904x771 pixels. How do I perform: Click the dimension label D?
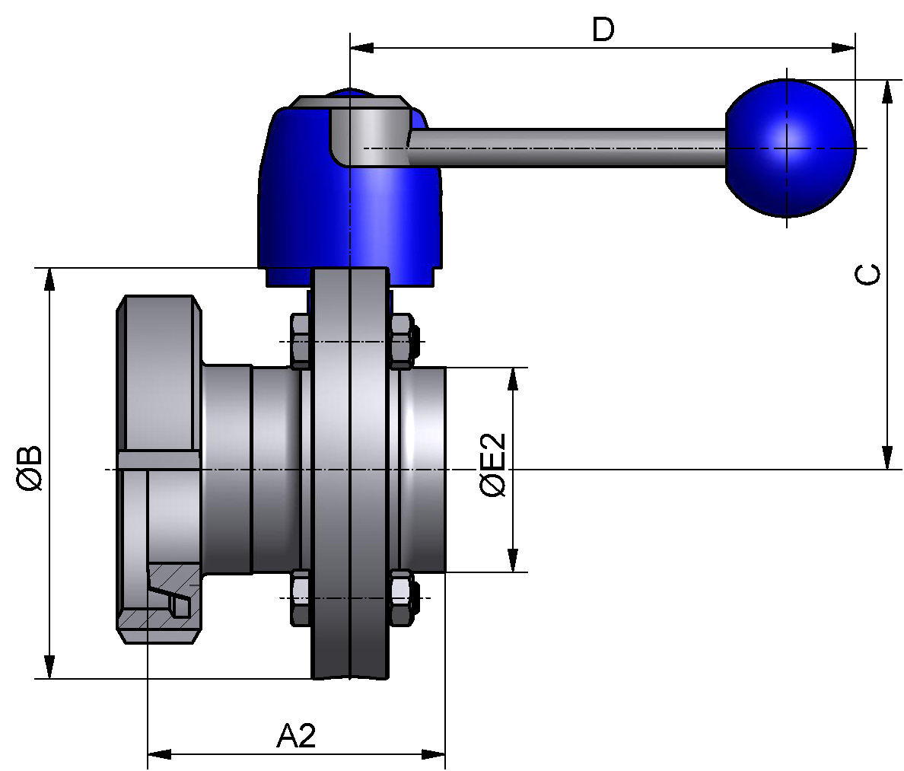point(603,30)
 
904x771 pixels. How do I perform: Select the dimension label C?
point(867,275)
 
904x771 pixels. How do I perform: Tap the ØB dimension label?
point(30,467)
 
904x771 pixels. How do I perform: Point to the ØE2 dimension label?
point(493,465)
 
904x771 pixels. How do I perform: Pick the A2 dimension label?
point(297,735)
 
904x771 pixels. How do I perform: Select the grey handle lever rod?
point(566,148)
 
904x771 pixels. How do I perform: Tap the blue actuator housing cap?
point(350,196)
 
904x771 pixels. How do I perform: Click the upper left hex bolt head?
point(301,341)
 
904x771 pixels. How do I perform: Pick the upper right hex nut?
point(403,341)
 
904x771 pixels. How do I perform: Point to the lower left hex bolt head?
point(301,597)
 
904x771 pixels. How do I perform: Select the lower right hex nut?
point(403,597)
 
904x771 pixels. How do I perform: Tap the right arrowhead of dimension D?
point(844,48)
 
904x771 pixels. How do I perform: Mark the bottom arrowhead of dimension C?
point(887,458)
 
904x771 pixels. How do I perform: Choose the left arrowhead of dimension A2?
point(160,753)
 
